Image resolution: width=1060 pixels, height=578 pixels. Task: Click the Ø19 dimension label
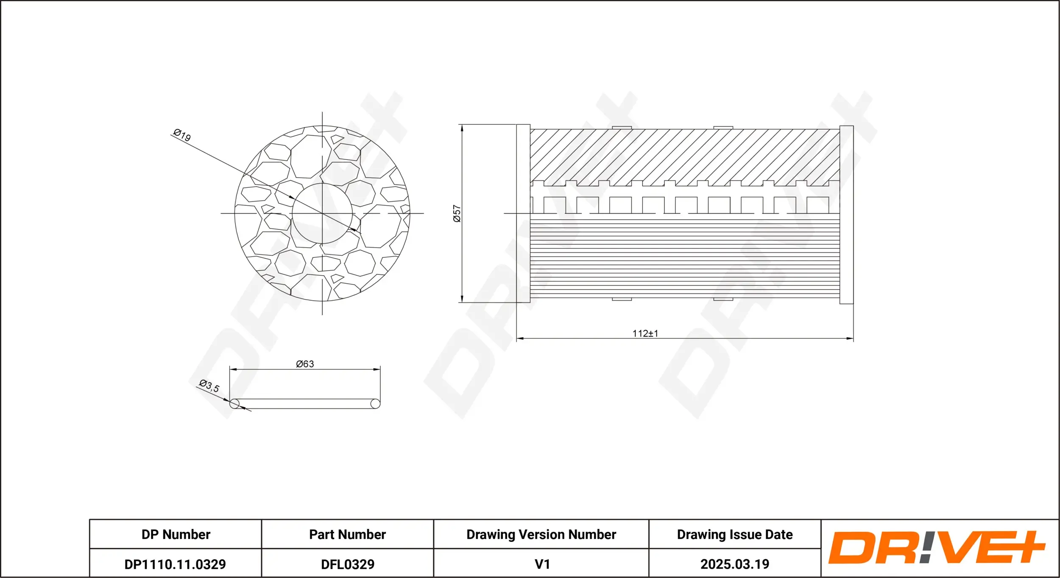[x=182, y=135]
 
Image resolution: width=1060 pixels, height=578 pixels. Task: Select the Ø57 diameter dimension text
[x=457, y=214]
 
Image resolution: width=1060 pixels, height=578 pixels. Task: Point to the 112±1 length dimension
[x=645, y=333]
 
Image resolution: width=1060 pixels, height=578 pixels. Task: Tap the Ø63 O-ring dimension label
[x=305, y=364]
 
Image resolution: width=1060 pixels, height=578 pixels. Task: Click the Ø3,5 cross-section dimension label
[x=209, y=386]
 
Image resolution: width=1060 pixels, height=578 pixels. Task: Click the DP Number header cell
[x=176, y=534]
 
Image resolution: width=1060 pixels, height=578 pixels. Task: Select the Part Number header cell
[x=347, y=534]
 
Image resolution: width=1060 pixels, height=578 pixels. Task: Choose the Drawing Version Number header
[x=541, y=534]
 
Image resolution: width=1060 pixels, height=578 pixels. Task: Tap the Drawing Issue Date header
[x=734, y=534]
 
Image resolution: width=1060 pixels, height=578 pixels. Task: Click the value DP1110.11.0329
[x=175, y=564]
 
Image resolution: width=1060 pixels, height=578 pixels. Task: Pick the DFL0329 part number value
[x=347, y=564]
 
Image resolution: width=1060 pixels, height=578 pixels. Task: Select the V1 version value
[x=542, y=564]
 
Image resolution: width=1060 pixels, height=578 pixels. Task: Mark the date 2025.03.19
[x=734, y=564]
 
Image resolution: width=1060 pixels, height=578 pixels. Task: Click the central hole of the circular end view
[x=322, y=214]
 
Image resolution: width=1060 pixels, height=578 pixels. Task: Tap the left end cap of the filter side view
[x=523, y=214]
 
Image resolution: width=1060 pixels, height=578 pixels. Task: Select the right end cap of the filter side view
[x=846, y=215]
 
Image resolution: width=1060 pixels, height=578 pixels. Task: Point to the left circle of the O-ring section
[x=234, y=403]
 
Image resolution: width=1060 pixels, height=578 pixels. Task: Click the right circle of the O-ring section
[x=375, y=403]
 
